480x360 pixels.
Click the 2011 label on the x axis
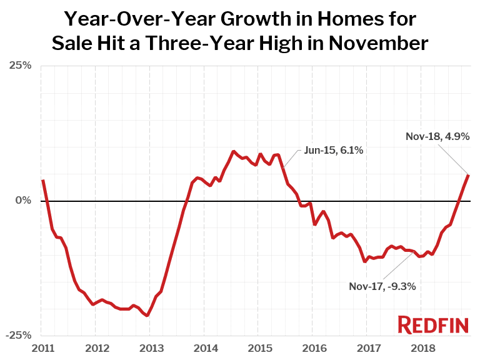[41, 347]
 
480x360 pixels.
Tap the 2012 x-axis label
[96, 347]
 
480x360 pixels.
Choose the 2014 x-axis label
[204, 347]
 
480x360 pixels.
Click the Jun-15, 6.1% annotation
[334, 151]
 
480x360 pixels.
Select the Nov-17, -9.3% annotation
[382, 286]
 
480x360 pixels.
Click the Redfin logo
[432, 324]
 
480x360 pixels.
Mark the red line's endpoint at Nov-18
[469, 174]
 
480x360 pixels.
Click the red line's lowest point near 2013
[147, 316]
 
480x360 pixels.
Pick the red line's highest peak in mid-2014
[233, 151]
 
